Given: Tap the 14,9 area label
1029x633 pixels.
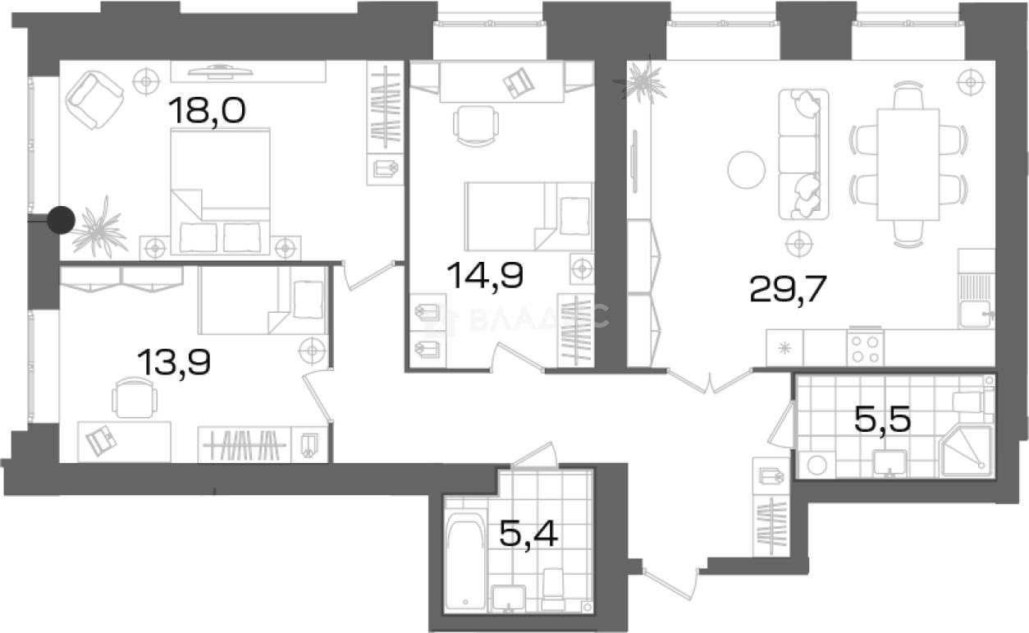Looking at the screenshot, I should tap(485, 274).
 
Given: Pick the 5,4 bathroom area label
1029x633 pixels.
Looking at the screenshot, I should tap(528, 536).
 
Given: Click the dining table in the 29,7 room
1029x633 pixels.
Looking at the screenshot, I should tap(907, 164).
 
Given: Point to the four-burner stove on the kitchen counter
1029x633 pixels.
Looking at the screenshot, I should tap(865, 347).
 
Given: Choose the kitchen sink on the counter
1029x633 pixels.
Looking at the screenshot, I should tap(976, 314).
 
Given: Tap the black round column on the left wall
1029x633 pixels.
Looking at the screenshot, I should tap(61, 219).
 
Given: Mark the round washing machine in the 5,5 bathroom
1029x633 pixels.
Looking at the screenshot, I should tap(816, 464).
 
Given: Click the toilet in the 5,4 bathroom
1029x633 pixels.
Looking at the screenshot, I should tap(554, 588).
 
